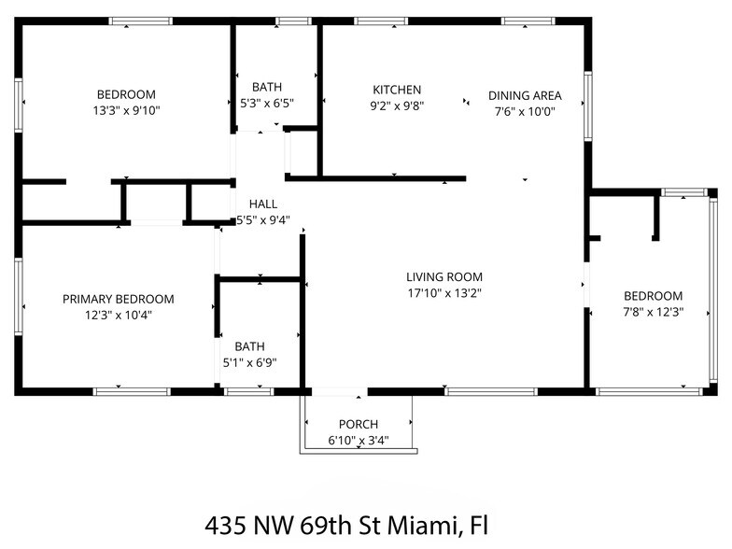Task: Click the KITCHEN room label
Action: pos(397,90)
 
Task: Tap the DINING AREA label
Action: pos(524,95)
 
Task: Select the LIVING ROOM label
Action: pos(443,276)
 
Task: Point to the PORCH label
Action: pos(359,425)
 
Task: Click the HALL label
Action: pos(262,204)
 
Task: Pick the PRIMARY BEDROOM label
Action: pos(118,299)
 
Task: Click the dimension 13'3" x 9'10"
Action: pos(126,110)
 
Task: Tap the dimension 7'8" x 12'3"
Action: pos(653,313)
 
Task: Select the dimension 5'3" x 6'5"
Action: pos(267,104)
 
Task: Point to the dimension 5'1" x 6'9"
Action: pos(248,362)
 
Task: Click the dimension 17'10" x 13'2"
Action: pos(443,293)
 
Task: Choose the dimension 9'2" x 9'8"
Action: pos(397,106)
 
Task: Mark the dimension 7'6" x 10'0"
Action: pos(524,111)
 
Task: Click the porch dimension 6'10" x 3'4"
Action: pos(359,441)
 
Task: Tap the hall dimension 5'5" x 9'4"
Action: pos(262,220)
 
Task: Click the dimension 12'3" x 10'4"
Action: pos(118,316)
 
